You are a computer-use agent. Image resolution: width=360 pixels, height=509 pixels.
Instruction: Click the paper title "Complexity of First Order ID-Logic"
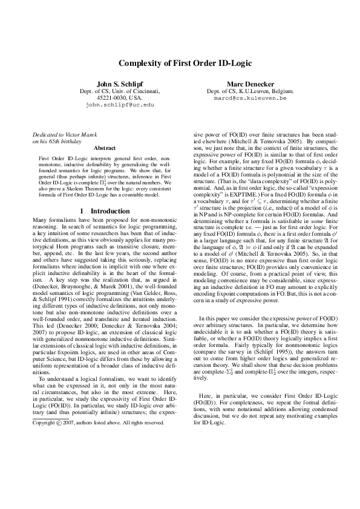pyautogui.click(x=180, y=63)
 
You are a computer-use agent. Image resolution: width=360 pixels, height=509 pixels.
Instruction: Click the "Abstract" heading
pyautogui.click(x=105, y=147)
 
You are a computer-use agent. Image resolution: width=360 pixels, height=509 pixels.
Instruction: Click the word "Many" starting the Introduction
pyautogui.click(x=39, y=221)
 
